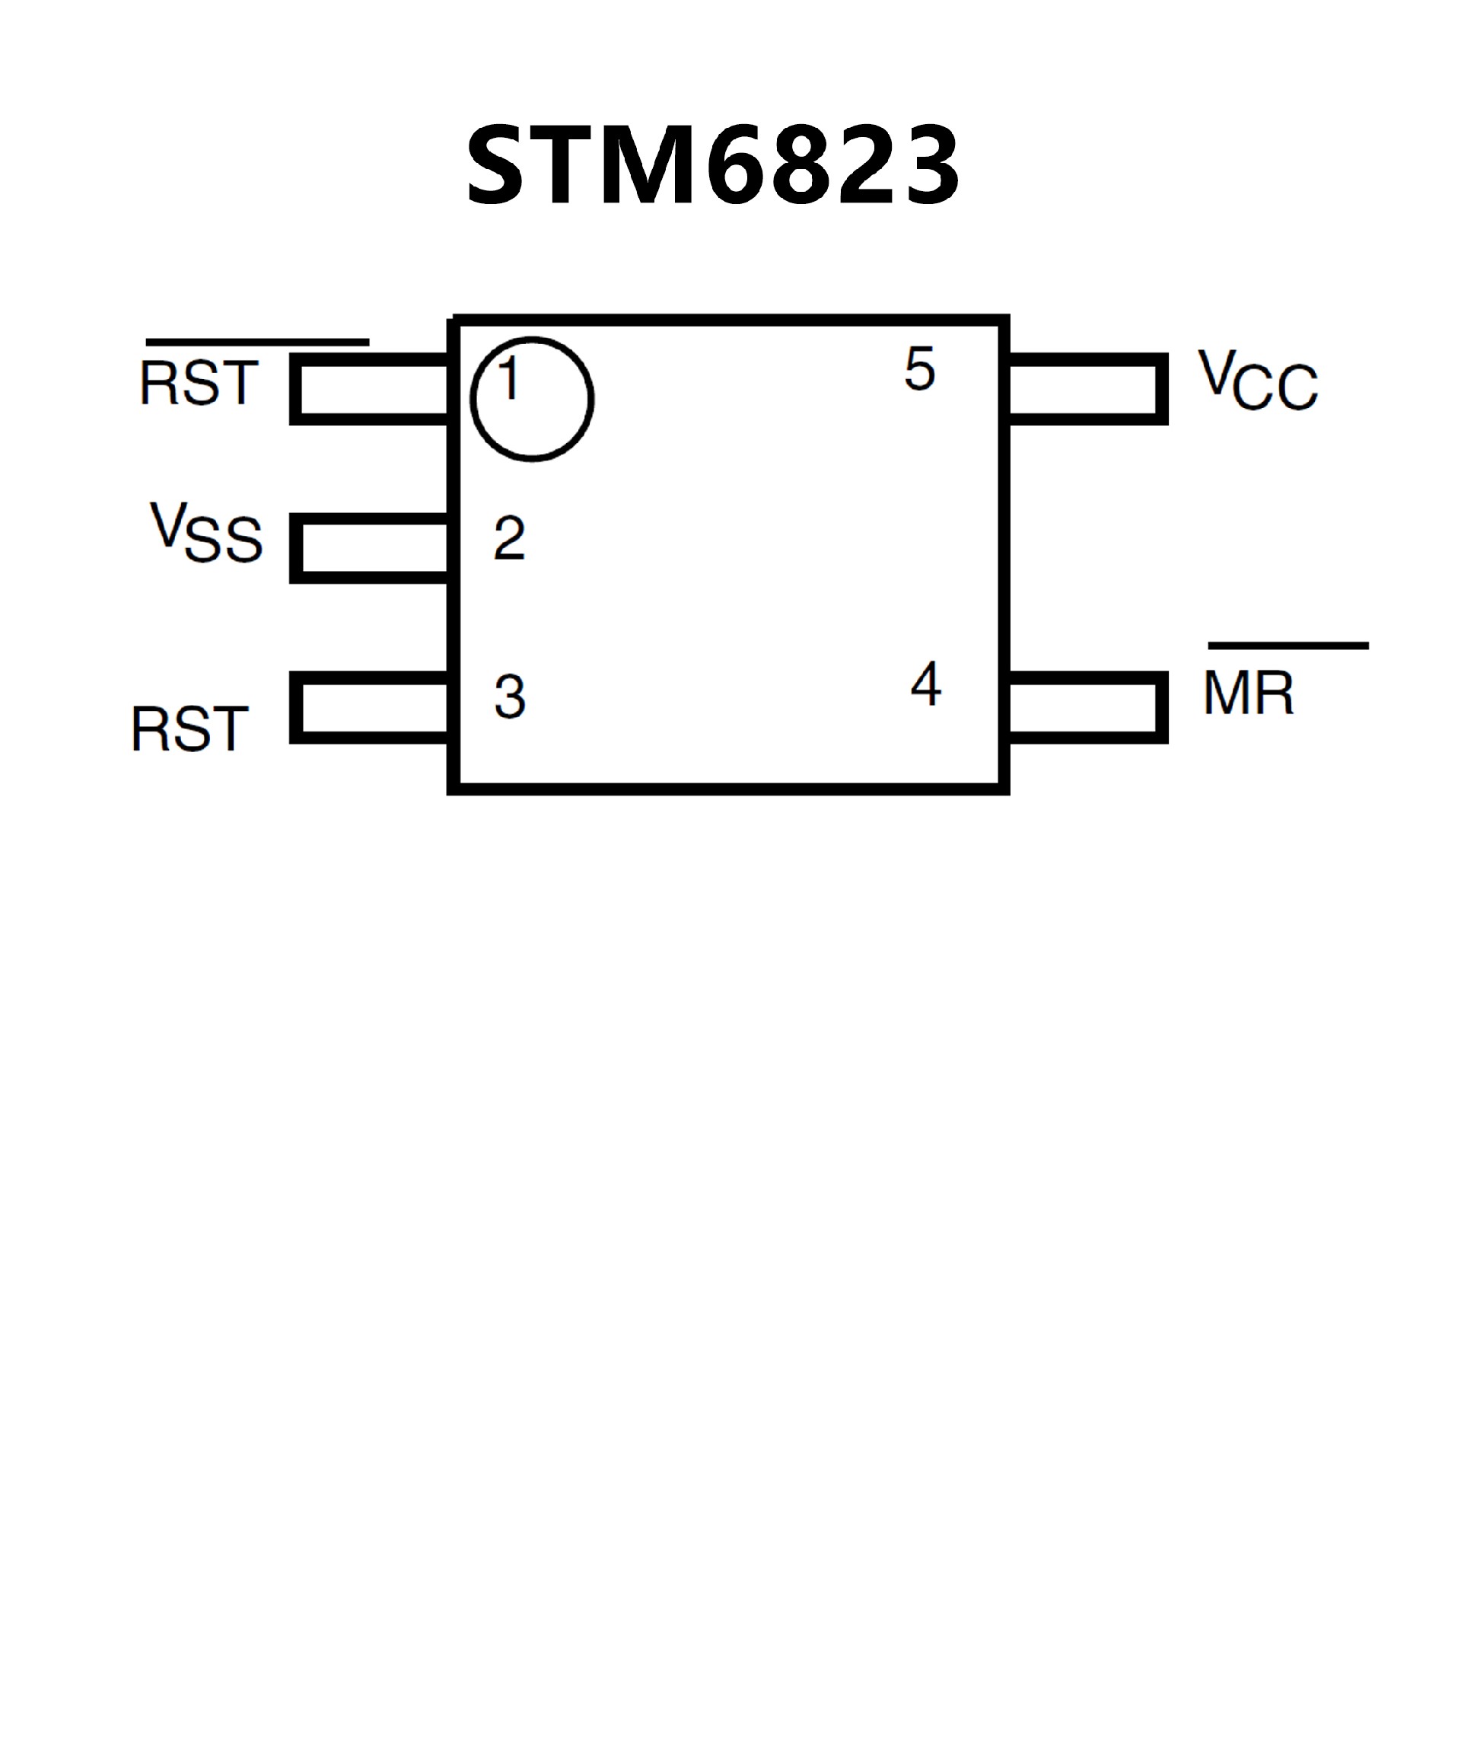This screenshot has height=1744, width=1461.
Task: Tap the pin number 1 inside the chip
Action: pyautogui.click(x=509, y=378)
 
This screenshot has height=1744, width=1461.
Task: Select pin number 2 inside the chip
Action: pyautogui.click(x=509, y=537)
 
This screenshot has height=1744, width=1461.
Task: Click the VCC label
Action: pyautogui.click(x=1257, y=381)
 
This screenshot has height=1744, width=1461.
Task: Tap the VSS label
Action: pyautogui.click(x=206, y=533)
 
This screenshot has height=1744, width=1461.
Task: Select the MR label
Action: pyautogui.click(x=1248, y=693)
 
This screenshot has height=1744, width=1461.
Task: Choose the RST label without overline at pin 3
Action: pyautogui.click(x=189, y=729)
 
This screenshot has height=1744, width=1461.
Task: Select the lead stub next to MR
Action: pyautogui.click(x=1087, y=706)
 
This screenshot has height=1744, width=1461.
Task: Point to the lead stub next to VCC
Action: pyautogui.click(x=1087, y=389)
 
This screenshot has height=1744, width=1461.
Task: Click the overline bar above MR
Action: pyautogui.click(x=1288, y=646)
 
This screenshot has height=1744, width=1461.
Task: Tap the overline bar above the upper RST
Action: pyautogui.click(x=257, y=341)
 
